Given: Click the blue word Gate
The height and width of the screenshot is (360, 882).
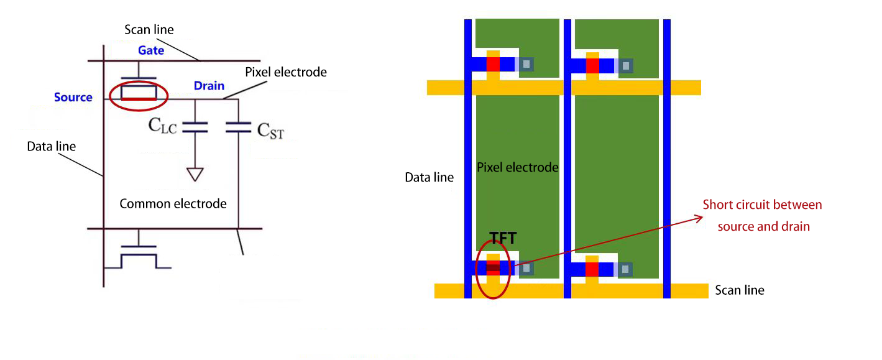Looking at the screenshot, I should [x=151, y=50].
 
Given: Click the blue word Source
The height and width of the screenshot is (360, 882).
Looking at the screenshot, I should [x=73, y=97].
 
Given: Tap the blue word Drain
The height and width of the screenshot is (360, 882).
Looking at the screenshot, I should [x=209, y=85].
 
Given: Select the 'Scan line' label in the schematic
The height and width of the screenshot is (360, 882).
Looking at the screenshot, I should [x=149, y=29].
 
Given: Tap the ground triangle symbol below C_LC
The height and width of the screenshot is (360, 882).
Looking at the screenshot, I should [x=195, y=173].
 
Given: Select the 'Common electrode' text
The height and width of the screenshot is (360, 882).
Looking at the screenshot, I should [x=173, y=203].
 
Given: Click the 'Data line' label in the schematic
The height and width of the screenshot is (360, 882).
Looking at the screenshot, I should [x=51, y=147].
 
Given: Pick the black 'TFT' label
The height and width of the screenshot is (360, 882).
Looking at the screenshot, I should [x=503, y=238].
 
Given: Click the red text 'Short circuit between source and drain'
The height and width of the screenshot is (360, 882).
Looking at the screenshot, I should [x=763, y=215].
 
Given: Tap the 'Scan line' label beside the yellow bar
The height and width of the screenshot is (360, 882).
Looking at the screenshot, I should [x=740, y=290].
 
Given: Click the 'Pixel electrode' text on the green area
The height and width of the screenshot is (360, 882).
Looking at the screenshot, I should [x=518, y=167].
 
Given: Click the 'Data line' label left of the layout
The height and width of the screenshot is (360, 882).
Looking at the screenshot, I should [x=430, y=177].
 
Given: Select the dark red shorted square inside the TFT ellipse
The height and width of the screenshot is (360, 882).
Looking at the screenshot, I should [x=493, y=269].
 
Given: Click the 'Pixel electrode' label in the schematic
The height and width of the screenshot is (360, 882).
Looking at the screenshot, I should [x=286, y=72].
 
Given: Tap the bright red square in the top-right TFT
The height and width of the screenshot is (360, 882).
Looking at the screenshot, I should [x=592, y=64].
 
